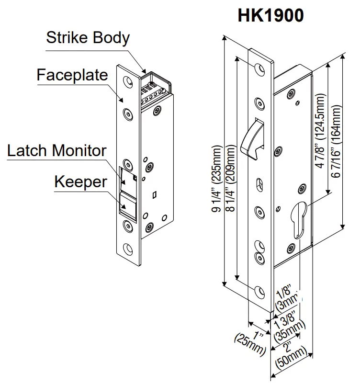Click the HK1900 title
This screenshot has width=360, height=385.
tap(270, 15)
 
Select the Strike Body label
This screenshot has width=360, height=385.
tap(88, 38)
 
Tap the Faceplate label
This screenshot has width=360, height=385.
tap(72, 75)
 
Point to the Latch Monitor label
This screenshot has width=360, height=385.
tap(56, 150)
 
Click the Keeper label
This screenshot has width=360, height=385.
tap(80, 182)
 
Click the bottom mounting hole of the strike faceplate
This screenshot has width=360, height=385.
tap(128, 249)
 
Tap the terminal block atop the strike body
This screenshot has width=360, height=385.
tap(153, 87)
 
